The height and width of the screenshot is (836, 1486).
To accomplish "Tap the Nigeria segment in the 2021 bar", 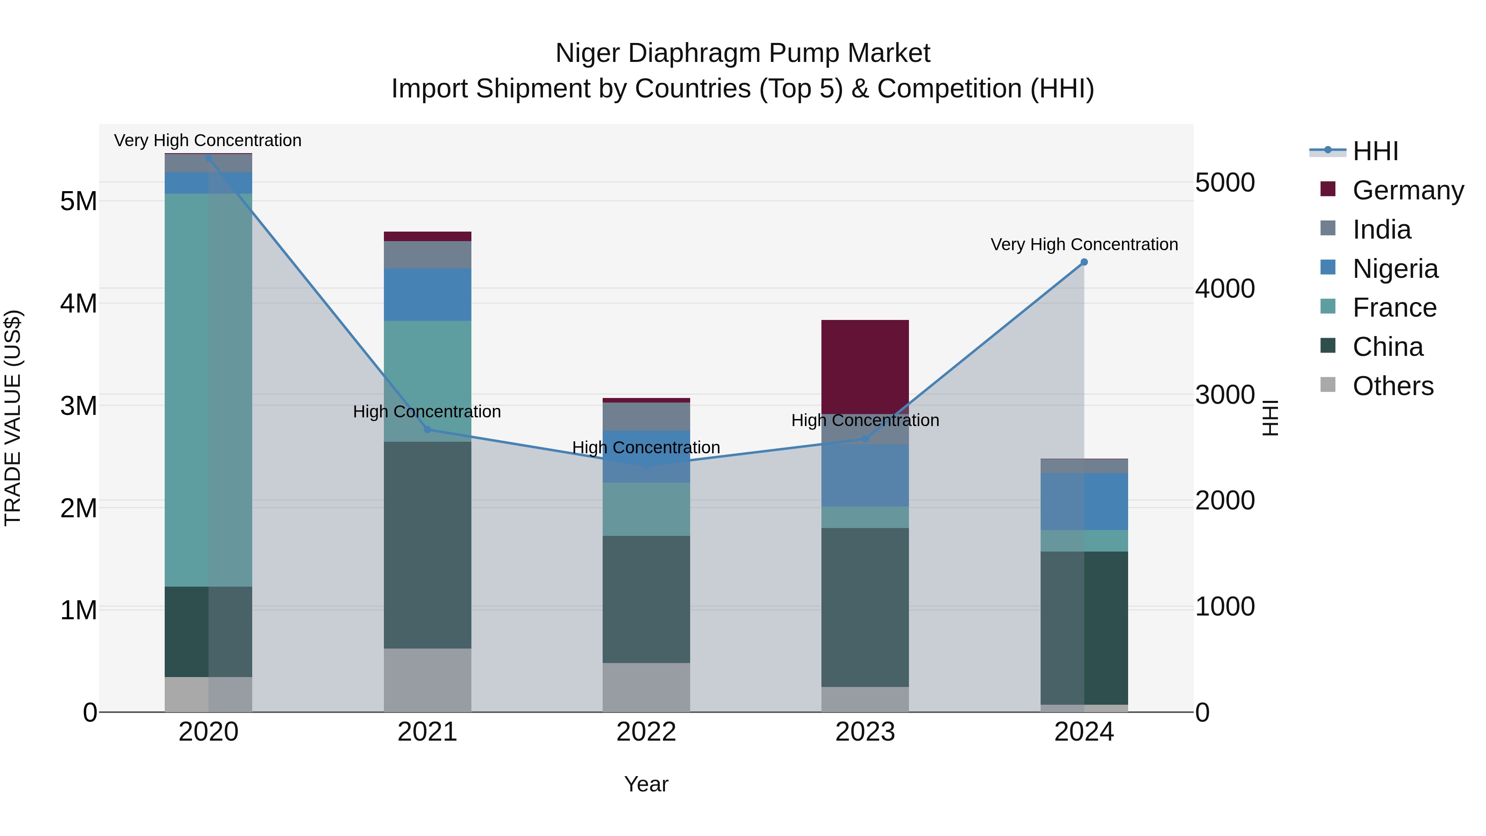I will tap(428, 294).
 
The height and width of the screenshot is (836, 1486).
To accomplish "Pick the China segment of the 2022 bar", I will tap(646, 599).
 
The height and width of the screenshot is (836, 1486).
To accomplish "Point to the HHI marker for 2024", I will tap(1084, 262).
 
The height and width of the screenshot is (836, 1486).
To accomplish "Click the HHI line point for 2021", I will tap(428, 429).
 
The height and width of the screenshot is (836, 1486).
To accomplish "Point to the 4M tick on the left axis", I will tap(78, 303).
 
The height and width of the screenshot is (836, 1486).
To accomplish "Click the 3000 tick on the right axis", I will tap(1225, 395).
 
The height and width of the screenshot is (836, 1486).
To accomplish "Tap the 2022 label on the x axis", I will tap(646, 732).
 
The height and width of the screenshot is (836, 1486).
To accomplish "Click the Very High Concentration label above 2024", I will tap(1084, 245).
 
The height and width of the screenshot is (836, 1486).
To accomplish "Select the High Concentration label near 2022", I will tap(646, 448).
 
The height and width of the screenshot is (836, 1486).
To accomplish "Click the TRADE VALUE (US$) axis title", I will tap(13, 418).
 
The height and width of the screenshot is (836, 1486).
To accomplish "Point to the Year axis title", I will tap(646, 784).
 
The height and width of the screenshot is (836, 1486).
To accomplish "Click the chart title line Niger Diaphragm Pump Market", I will tap(743, 53).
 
